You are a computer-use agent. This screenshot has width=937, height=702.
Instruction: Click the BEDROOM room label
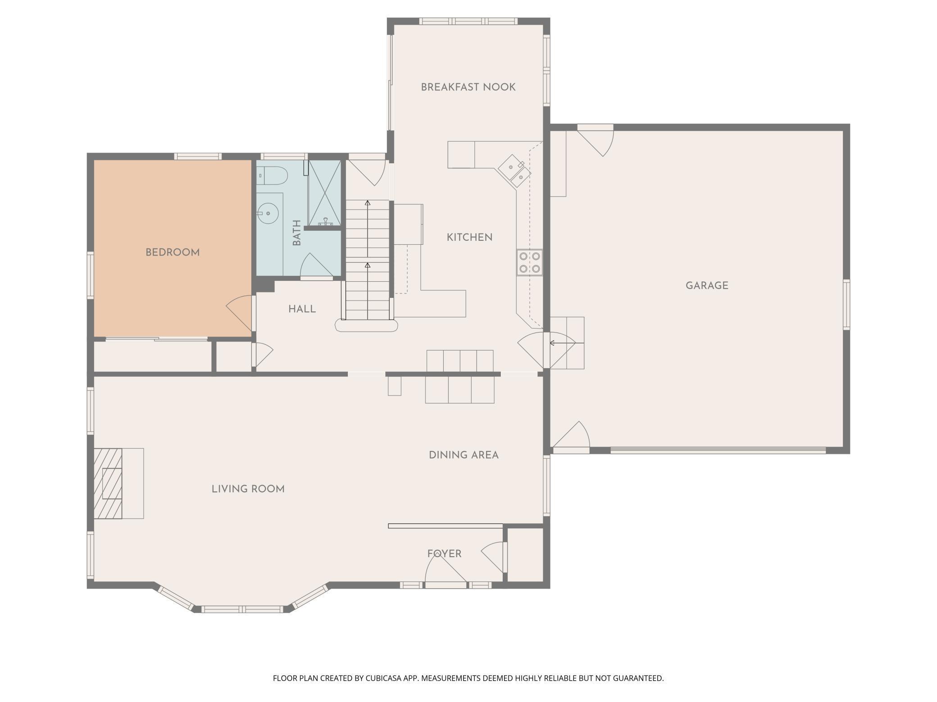point(173,252)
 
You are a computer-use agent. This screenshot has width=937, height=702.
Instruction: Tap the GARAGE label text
point(707,285)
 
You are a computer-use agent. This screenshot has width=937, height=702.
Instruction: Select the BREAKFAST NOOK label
point(468,87)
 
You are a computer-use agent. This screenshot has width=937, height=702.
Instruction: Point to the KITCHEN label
point(469,237)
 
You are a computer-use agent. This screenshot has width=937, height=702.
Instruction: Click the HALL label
point(302,309)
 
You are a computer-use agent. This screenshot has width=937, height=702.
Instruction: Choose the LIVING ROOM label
point(248,489)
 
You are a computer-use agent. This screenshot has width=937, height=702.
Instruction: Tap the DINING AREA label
point(464,455)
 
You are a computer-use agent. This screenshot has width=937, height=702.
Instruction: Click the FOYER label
point(444,553)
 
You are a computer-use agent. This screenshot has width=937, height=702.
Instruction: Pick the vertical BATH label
point(296,233)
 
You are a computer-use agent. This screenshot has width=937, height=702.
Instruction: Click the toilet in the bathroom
point(272,176)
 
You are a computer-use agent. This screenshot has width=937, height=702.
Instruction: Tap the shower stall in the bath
point(324,193)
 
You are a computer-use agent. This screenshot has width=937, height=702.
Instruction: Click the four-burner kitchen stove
point(529,262)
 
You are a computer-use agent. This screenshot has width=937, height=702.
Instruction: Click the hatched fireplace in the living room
point(108,483)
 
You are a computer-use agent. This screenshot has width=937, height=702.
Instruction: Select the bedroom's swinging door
point(240,312)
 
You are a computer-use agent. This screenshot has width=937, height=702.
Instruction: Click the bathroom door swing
point(317,265)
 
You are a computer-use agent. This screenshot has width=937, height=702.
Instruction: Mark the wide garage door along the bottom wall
point(718,450)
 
